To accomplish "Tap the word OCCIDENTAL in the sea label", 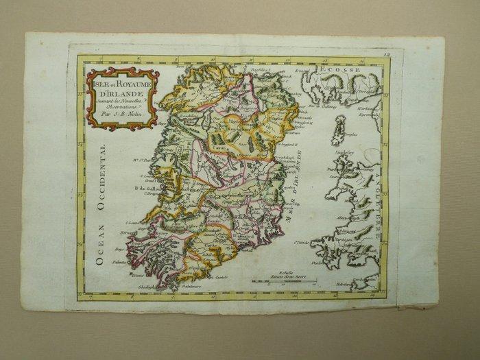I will coord(102,179).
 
